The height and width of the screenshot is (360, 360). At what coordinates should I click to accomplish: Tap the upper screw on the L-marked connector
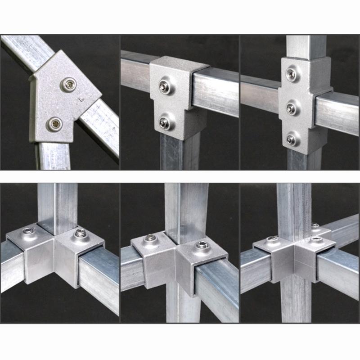click(69, 83)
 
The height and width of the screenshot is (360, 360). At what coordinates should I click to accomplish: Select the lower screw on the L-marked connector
click(55, 124)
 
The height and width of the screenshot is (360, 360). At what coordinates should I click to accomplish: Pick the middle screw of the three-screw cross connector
click(291, 108)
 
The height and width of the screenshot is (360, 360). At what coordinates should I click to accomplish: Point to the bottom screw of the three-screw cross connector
click(292, 140)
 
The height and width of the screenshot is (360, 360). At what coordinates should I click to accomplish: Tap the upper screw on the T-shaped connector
click(165, 85)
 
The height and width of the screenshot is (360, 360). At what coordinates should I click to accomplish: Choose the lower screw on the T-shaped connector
click(165, 122)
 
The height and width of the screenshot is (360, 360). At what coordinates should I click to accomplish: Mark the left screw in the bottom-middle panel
click(148, 238)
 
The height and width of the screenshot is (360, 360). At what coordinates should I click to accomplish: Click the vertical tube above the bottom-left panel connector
click(57, 202)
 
